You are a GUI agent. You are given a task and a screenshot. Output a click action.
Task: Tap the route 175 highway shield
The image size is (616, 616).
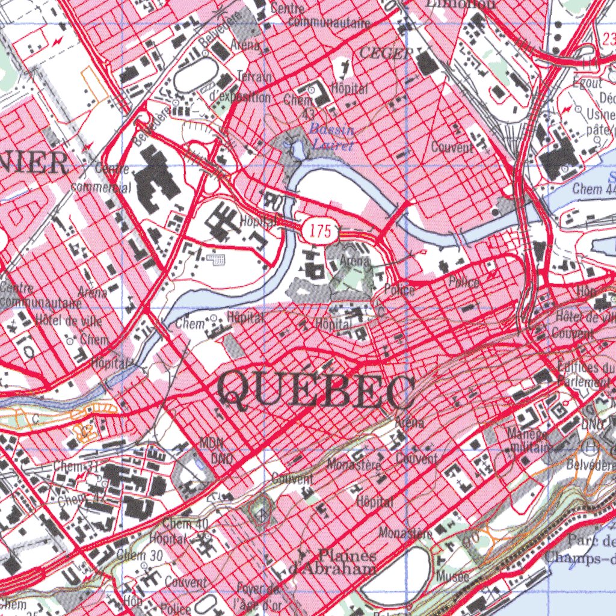coord(321,232)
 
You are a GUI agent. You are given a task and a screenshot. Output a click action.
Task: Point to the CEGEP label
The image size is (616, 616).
coord(386,54)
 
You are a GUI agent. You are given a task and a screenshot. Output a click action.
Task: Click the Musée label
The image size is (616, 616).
coord(454,577)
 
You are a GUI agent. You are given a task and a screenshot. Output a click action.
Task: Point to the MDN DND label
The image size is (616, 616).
coord(212,451)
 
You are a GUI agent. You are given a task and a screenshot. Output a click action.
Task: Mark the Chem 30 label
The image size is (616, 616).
coord(140,556)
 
